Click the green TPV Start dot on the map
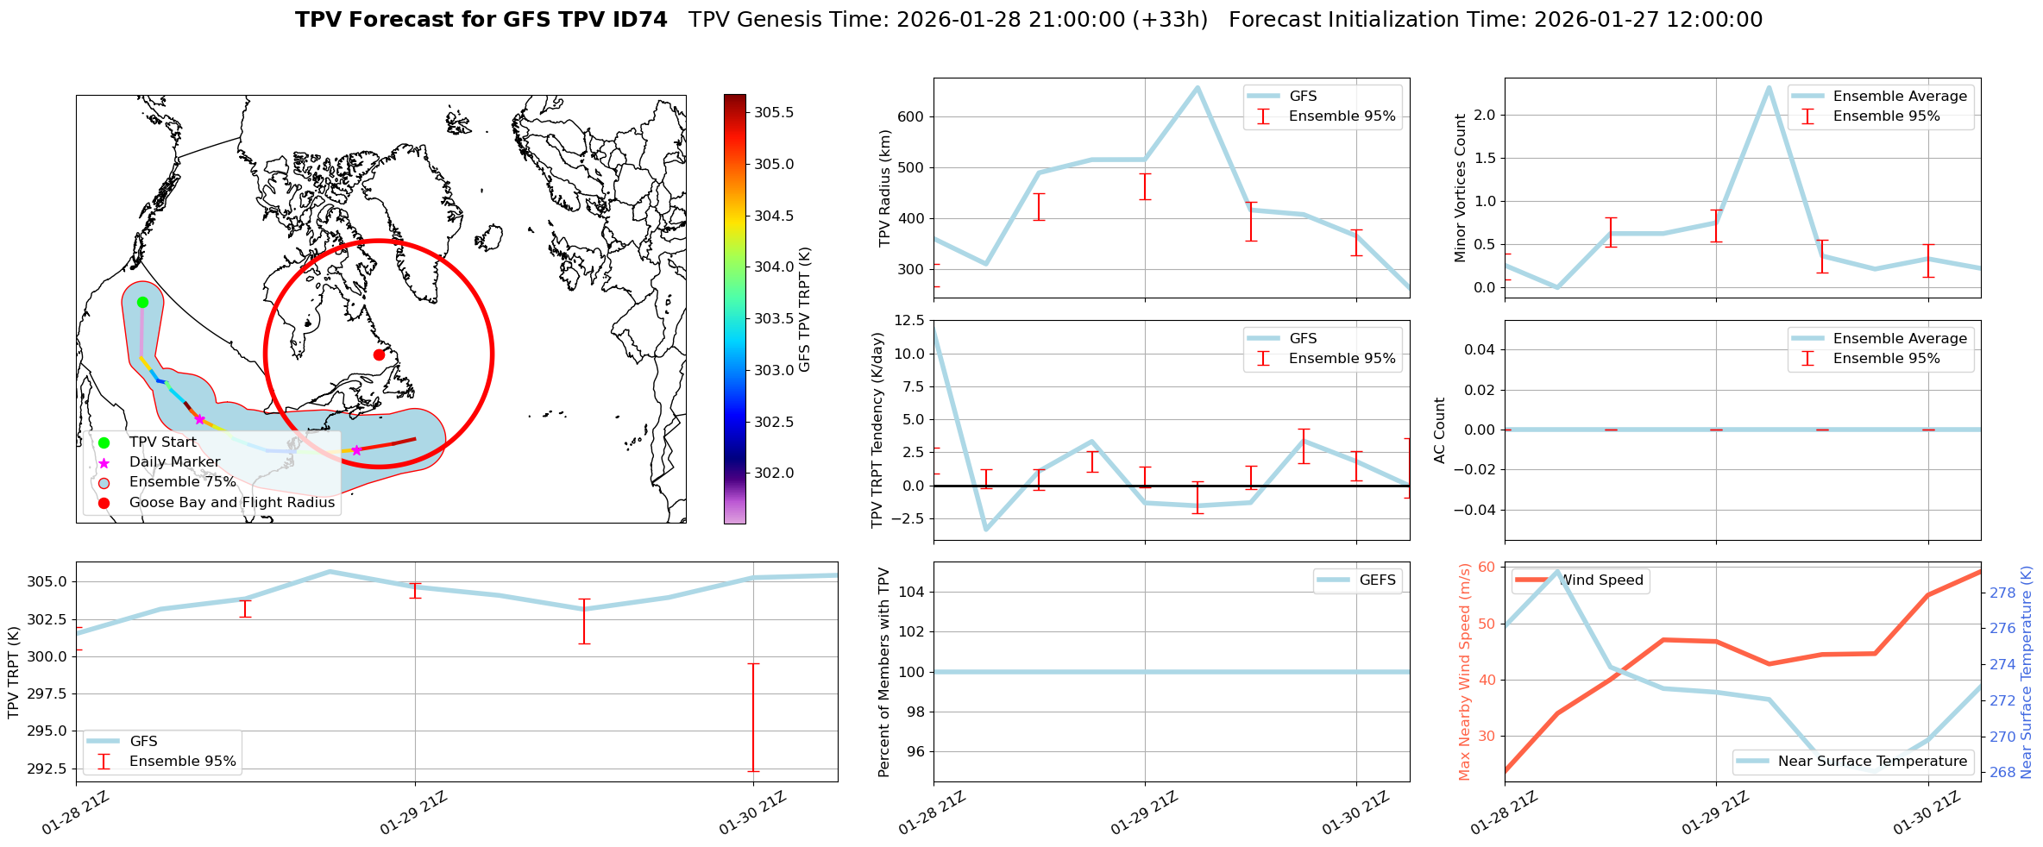[x=143, y=302]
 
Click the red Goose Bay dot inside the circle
[x=379, y=354]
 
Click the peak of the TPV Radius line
[x=1198, y=87]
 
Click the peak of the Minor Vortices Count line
[x=1769, y=87]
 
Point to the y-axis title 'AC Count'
[x=1439, y=430]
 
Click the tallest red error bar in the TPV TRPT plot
[x=753, y=717]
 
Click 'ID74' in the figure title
[x=639, y=20]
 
